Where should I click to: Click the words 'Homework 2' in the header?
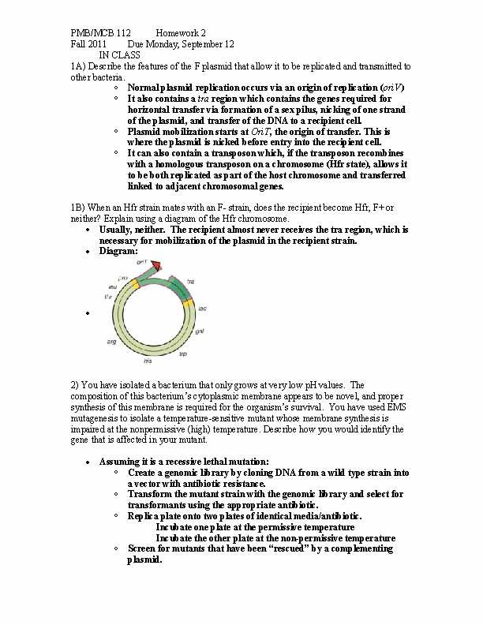181,33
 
